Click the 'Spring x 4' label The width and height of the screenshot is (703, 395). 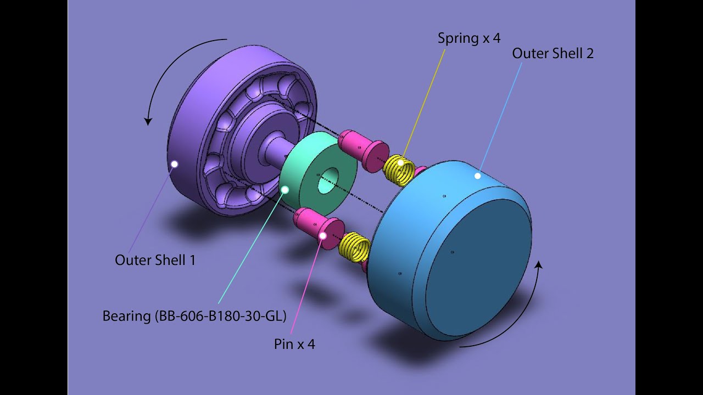468,38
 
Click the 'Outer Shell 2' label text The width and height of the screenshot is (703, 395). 553,54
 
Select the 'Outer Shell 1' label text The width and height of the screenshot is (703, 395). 155,260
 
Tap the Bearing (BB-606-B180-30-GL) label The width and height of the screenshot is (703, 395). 194,317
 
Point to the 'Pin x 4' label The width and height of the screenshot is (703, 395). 294,345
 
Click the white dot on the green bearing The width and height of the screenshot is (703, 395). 285,189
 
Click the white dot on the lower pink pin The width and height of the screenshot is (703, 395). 323,235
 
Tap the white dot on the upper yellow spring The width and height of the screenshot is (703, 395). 401,162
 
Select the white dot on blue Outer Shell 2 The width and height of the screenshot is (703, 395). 478,176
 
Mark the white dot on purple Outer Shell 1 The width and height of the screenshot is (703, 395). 175,163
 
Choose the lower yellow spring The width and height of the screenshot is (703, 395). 356,247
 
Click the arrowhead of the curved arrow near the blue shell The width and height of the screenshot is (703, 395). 539,266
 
